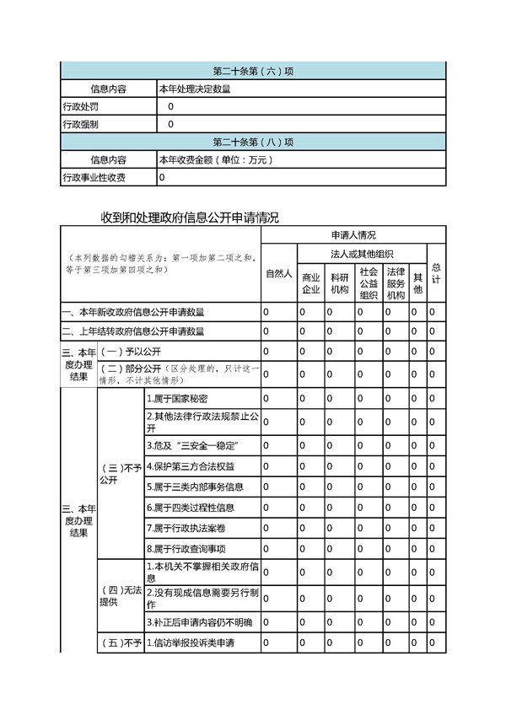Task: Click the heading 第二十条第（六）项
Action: pos(252,70)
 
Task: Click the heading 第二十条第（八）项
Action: pos(252,141)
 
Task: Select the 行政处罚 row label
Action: pos(81,106)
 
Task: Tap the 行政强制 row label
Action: pos(81,124)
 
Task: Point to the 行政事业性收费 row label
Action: pos(94,178)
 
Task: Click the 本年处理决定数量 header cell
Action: pos(195,88)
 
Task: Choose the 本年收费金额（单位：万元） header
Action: pos(216,159)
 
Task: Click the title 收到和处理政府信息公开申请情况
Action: pos(189,218)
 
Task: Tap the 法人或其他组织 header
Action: pos(360,254)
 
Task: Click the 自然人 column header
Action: pos(278,274)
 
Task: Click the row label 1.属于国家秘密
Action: pos(178,398)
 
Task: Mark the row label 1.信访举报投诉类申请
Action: pos(191,643)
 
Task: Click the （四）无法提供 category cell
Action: pos(121,595)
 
